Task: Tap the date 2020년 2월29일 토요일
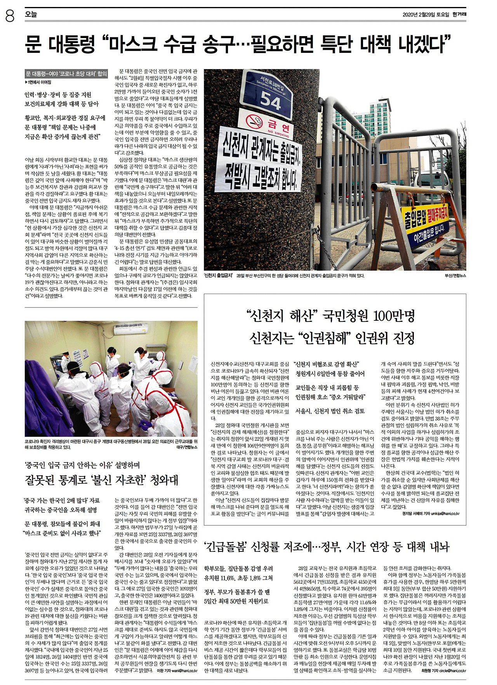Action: pos(426,15)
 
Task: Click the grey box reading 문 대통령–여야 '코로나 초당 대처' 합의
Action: pos(66,74)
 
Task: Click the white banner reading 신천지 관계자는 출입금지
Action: pos(261,159)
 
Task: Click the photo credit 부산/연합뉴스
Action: pos(455,276)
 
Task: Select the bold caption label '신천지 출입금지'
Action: pos(218,276)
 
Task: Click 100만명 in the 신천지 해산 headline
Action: pos(394,316)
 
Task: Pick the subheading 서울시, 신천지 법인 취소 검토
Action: pos(330,411)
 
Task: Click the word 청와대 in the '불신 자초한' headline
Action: pos(164,480)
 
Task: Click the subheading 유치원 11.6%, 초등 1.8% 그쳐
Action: pos(238,578)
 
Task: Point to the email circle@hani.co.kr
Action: pos(452,670)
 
